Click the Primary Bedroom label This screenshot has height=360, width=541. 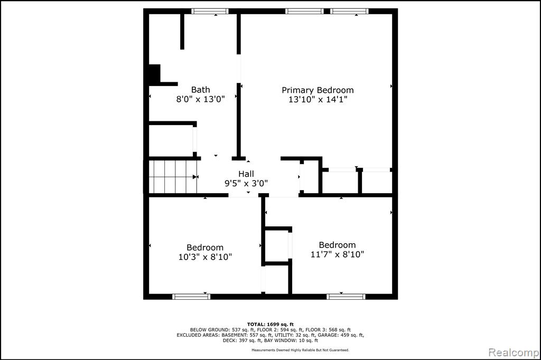318,90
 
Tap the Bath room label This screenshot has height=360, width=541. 200,90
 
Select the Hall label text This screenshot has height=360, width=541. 246,174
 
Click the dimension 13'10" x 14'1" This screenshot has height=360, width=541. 318,99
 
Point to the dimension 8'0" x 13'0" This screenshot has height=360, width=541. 200,99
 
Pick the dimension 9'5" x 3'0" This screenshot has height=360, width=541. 246,183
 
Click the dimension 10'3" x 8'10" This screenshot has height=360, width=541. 205,257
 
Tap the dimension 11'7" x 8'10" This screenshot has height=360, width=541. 337,254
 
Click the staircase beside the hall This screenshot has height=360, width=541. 173,177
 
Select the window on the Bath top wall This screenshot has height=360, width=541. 210,11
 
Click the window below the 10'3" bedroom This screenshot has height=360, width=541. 191,297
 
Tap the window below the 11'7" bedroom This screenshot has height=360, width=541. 346,297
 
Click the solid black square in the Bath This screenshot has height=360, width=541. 155,73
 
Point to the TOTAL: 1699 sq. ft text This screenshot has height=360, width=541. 270,324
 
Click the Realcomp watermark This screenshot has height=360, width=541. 514,353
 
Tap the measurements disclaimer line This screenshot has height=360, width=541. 300,350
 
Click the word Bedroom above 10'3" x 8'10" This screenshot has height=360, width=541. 205,247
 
